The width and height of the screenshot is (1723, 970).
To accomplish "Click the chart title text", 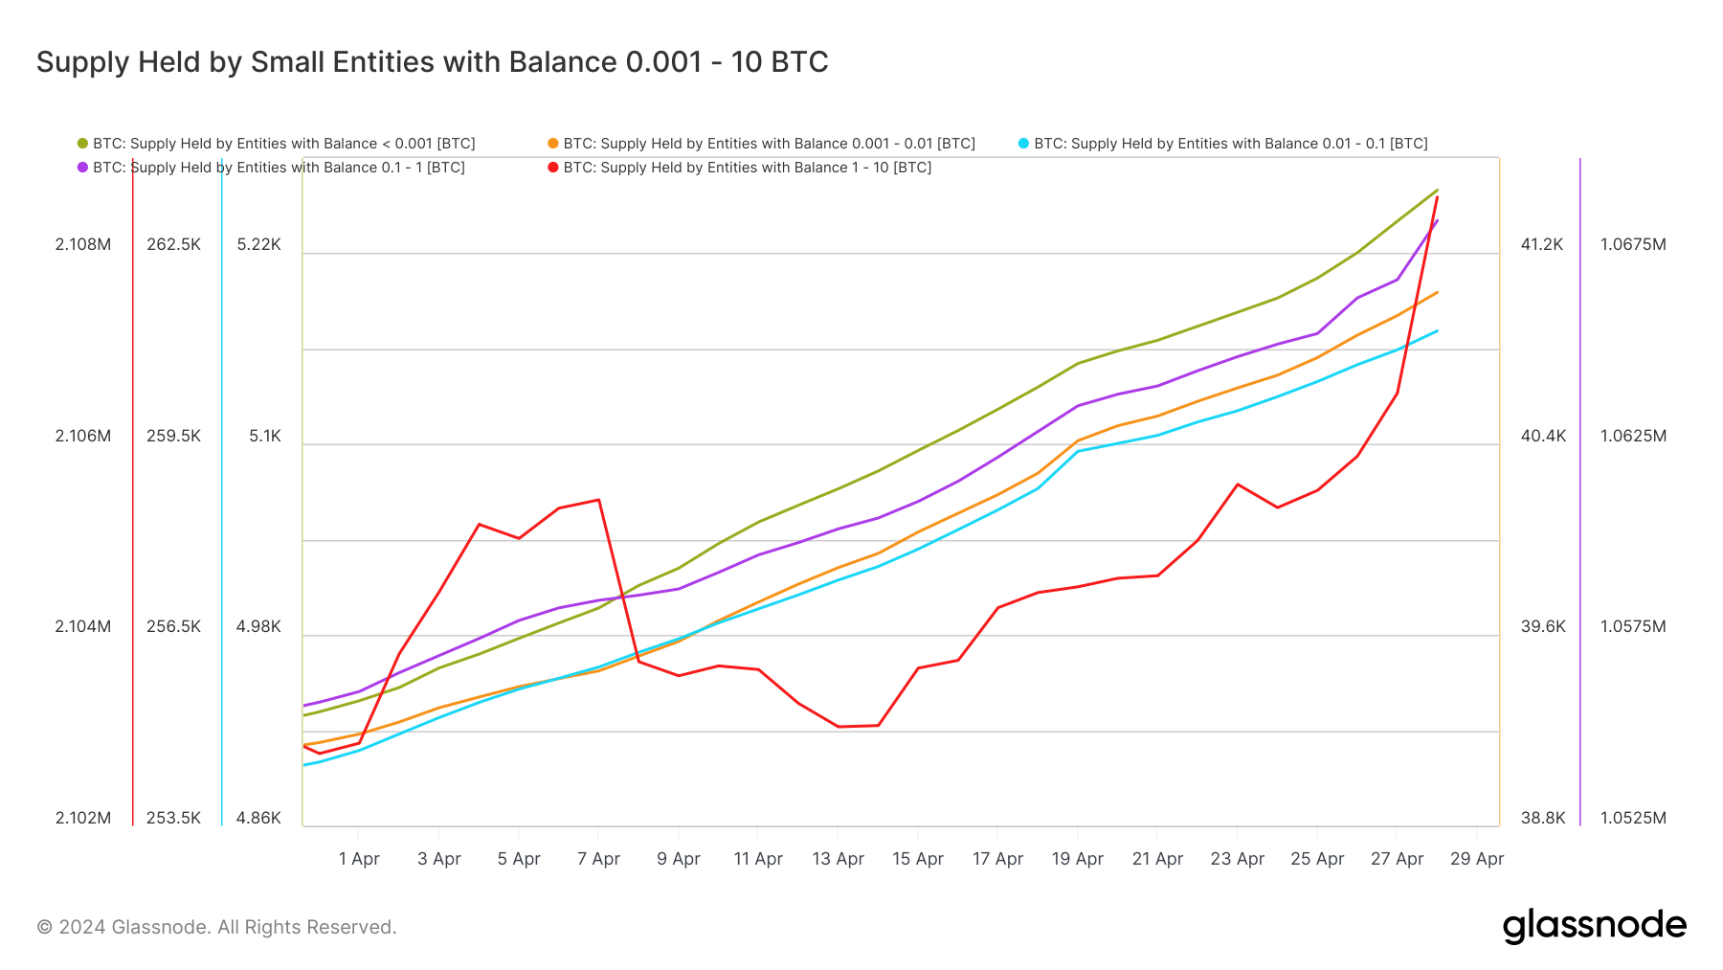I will tap(432, 62).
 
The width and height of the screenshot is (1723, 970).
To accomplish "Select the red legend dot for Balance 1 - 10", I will tap(553, 168).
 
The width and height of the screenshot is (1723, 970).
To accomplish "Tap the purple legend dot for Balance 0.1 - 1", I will tap(83, 168).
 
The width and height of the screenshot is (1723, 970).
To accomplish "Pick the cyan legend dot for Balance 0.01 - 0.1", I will tap(1023, 144).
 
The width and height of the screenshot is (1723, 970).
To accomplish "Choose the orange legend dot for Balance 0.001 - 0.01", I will tap(553, 144).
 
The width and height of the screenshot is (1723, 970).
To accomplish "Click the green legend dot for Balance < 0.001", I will tap(83, 144).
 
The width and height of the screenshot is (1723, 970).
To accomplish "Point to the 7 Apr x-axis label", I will tap(598, 859).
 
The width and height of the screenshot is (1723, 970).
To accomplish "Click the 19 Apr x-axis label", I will tap(1078, 859).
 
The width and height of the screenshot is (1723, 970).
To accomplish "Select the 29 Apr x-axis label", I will tap(1476, 859).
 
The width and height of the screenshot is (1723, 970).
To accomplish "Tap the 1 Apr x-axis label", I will tap(359, 859).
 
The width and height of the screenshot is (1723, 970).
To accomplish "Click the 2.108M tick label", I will tap(83, 244).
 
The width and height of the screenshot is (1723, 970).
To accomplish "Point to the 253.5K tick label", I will tap(173, 818).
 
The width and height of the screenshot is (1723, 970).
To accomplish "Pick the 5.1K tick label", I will tap(265, 436).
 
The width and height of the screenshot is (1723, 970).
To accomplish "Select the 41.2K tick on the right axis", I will tap(1541, 244).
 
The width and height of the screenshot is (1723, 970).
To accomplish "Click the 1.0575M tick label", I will tap(1633, 626).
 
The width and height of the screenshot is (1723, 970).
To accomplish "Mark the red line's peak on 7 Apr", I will tap(599, 500).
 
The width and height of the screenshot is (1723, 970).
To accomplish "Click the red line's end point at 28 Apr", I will tap(1437, 197).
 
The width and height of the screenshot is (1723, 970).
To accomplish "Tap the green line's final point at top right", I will tap(1437, 190).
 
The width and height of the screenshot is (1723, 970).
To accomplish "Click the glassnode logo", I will tap(1594, 926).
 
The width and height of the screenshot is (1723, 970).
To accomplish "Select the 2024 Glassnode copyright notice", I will tap(216, 927).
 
